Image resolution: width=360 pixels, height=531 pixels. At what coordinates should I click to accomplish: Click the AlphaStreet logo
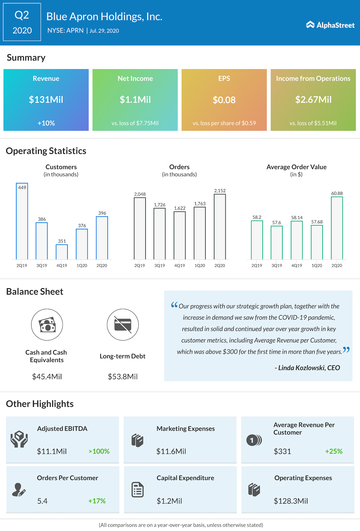pos(330,25)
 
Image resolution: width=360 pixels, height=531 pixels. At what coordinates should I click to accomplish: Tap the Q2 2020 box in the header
pos(22,22)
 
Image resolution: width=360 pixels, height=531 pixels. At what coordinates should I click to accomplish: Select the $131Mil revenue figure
pos(46,100)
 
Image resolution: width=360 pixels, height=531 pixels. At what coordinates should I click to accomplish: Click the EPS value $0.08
pos(224,100)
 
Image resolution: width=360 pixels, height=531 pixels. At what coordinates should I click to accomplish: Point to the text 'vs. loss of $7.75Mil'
pos(135,123)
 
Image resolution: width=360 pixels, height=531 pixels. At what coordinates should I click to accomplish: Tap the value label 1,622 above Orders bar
pos(179,208)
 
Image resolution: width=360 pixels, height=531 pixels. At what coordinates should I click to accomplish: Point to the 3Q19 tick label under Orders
pos(159,266)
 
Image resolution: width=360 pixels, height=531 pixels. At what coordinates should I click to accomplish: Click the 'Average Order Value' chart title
pos(296,167)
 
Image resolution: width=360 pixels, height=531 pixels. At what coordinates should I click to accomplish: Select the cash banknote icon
pos(47,325)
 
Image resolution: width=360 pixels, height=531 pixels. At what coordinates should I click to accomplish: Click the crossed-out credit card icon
pos(123,325)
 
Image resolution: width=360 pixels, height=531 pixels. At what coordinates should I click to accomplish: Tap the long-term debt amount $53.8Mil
pos(123,377)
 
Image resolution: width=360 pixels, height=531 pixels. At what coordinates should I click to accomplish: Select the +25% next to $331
pos(334,451)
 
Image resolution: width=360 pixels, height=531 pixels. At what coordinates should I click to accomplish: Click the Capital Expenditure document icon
pos(138,490)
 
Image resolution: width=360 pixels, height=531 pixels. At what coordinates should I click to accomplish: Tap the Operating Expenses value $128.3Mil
pos(291,501)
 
